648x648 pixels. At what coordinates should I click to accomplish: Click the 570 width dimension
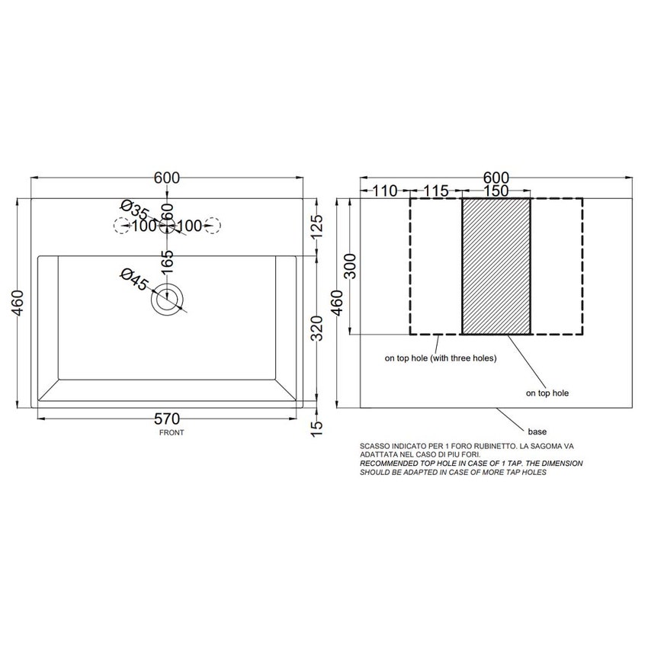tap(167, 419)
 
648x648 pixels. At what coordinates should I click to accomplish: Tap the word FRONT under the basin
tap(172, 433)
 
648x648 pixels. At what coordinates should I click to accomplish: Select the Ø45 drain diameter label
tap(134, 279)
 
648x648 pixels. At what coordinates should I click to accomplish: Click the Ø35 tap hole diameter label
tap(134, 210)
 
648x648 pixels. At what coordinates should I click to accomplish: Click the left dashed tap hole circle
tap(121, 226)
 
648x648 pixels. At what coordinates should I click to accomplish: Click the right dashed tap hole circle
tap(213, 226)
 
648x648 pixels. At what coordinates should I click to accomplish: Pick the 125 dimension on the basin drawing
tap(316, 227)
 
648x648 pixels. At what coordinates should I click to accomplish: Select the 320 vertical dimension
tap(316, 328)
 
